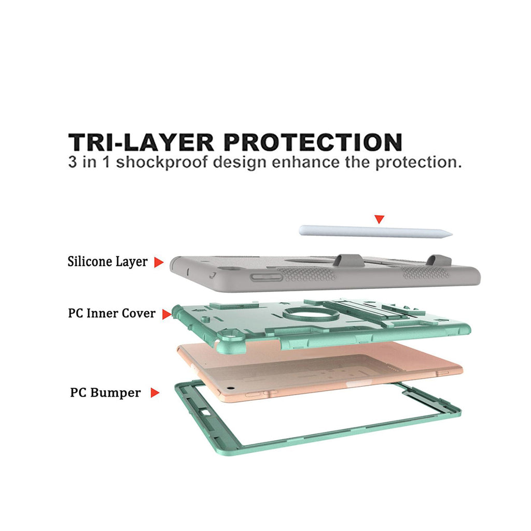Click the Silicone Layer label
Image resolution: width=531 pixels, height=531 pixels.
tap(107, 261)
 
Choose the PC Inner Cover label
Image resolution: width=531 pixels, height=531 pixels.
tap(111, 313)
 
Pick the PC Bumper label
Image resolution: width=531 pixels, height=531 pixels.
tap(105, 393)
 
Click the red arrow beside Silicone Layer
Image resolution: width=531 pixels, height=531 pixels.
tap(159, 262)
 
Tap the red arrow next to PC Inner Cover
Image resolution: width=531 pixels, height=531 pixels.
tap(166, 314)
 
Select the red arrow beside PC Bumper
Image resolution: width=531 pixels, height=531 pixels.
tap(154, 393)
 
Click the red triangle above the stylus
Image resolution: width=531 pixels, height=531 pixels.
tap(380, 219)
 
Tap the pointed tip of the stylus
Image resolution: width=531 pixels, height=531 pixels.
tap(450, 234)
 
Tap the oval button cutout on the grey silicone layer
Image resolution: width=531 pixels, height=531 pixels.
tap(267, 278)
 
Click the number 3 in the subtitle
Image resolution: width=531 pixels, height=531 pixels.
tap(74, 162)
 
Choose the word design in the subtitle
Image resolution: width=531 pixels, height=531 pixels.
tap(234, 162)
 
